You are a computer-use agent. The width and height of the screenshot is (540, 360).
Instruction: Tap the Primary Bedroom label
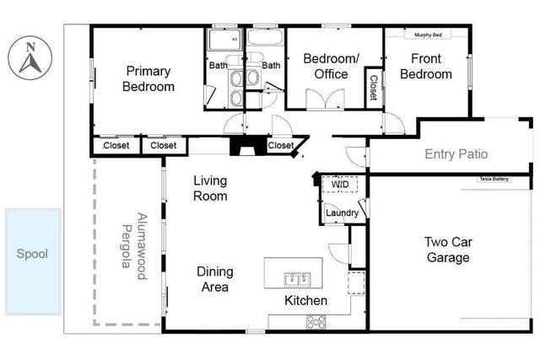pyautogui.click(x=148, y=79)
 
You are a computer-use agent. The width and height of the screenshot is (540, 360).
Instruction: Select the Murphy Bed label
pyautogui.click(x=429, y=35)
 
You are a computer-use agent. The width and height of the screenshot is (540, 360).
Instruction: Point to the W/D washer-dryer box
pyautogui.click(x=340, y=184)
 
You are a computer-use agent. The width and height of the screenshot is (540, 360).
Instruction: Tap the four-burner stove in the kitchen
pyautogui.click(x=317, y=321)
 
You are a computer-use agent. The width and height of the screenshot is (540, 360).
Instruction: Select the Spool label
pyautogui.click(x=33, y=254)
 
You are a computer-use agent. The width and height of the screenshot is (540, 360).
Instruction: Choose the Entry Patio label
pyautogui.click(x=456, y=154)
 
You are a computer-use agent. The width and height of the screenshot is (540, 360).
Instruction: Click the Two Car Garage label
pyautogui.click(x=447, y=250)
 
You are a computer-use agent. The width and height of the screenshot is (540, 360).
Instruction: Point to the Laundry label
pyautogui.click(x=342, y=213)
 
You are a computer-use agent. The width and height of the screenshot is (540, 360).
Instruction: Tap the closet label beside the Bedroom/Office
pyautogui.click(x=372, y=87)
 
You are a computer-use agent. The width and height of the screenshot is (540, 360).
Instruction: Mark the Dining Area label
pyautogui.click(x=214, y=279)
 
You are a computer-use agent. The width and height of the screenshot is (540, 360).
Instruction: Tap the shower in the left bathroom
pyautogui.click(x=224, y=40)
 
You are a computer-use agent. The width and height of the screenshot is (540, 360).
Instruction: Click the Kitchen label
pyautogui.click(x=305, y=301)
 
